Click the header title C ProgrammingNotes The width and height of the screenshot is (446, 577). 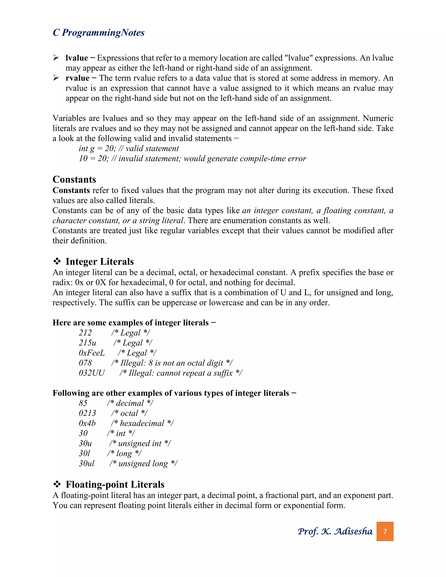tap(99, 32)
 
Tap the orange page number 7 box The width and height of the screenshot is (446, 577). tap(385, 531)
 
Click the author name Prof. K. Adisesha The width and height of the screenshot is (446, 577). tap(335, 531)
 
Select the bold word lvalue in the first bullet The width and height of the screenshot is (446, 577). tap(77, 58)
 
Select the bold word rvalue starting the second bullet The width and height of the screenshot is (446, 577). tap(77, 78)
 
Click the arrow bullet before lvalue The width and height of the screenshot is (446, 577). tap(56, 58)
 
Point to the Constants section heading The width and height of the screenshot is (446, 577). tap(74, 179)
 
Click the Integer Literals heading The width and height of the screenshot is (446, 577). tap(100, 262)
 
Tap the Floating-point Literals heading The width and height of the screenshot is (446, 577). tap(115, 484)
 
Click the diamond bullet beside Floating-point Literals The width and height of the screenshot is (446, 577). tap(57, 484)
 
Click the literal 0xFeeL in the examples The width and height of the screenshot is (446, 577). tap(92, 353)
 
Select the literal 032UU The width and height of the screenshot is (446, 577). tap(92, 373)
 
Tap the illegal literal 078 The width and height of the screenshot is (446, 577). tap(85, 363)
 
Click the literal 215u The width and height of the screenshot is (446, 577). tap(88, 343)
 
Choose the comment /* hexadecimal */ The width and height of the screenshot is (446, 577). tap(142, 423)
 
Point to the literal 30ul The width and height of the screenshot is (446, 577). tap(86, 463)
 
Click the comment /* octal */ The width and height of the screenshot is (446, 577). tap(129, 413)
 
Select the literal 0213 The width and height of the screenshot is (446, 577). tap(88, 413)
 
